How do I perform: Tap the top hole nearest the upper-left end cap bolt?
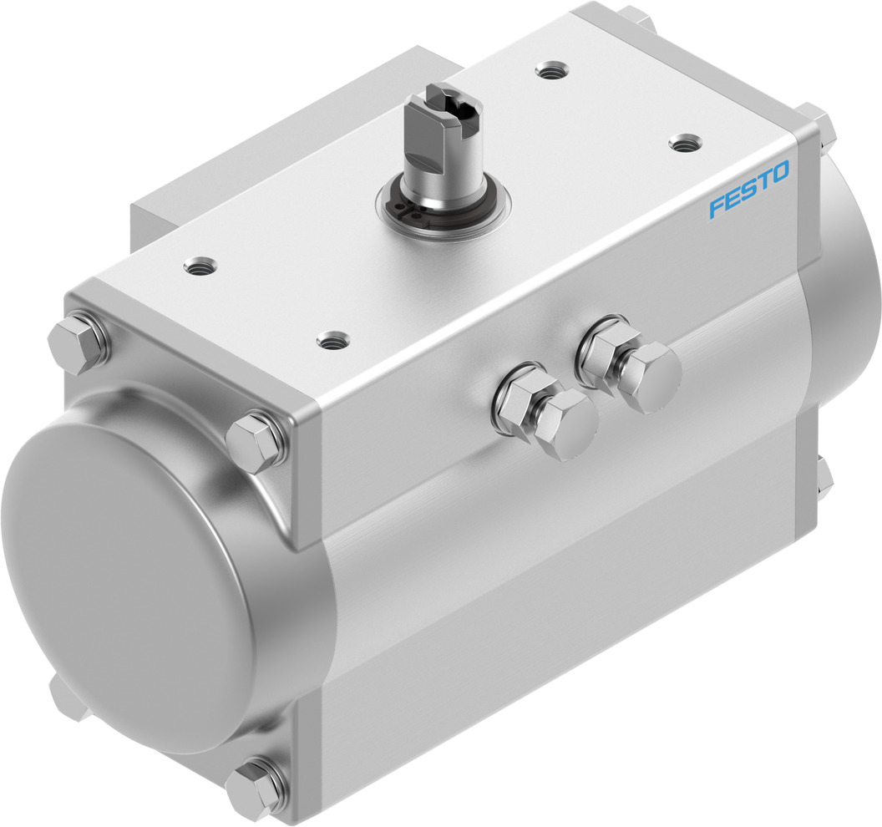(x=199, y=266)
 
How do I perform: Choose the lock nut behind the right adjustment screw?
(x=607, y=342)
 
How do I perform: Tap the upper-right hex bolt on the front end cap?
(x=256, y=440)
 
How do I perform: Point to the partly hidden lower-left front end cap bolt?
(x=65, y=698)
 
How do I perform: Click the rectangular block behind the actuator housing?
(x=276, y=150)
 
